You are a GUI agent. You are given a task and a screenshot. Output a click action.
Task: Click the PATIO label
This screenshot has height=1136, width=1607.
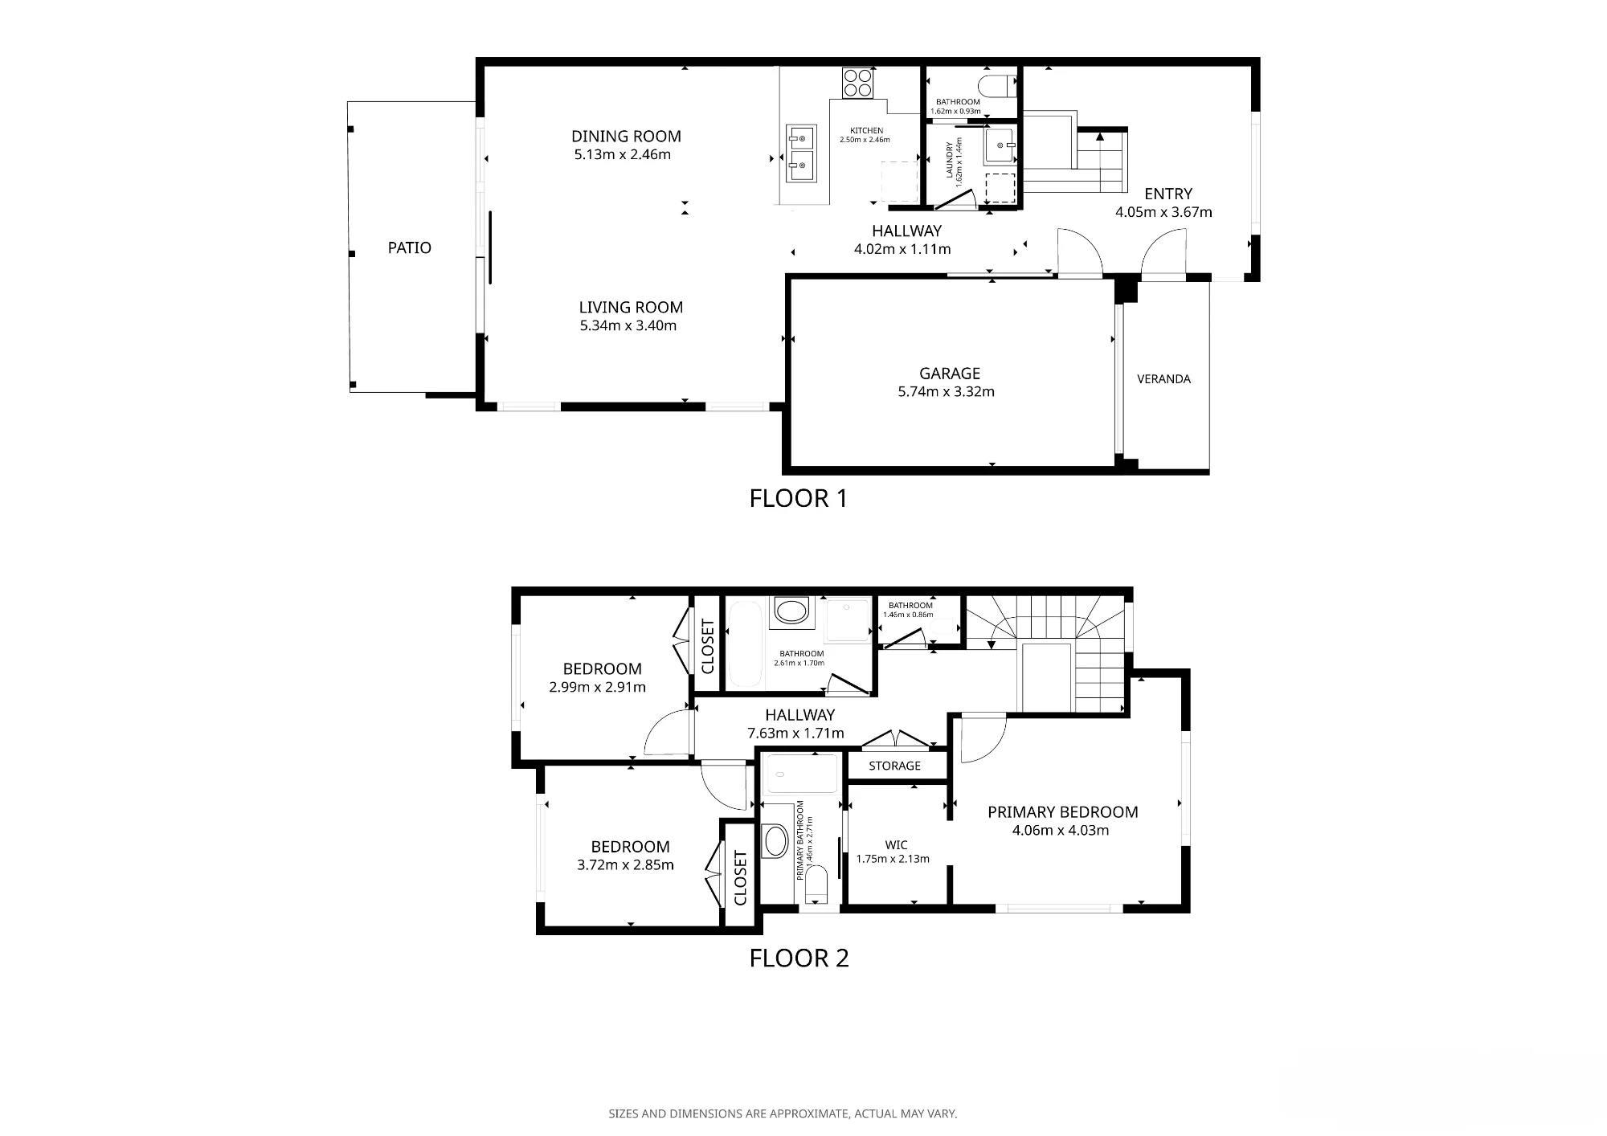pyautogui.click(x=410, y=247)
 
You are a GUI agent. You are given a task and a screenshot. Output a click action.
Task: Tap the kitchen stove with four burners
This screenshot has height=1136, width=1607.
pyautogui.click(x=857, y=82)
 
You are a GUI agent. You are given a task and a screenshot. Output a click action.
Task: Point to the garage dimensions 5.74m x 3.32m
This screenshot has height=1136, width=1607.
pyautogui.click(x=947, y=392)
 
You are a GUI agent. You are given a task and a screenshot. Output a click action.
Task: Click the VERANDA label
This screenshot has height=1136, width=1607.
pyautogui.click(x=1163, y=379)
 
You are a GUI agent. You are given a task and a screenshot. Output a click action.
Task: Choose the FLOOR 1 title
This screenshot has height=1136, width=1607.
pyautogui.click(x=799, y=499)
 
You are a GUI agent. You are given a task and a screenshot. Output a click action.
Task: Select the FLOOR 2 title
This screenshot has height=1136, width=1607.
pyautogui.click(x=799, y=958)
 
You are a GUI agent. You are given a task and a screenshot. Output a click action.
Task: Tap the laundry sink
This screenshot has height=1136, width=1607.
pyautogui.click(x=1000, y=146)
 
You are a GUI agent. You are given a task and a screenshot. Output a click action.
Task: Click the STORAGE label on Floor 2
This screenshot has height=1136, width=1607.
pyautogui.click(x=894, y=766)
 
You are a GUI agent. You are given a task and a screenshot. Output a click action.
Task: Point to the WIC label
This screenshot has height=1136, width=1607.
pyautogui.click(x=896, y=844)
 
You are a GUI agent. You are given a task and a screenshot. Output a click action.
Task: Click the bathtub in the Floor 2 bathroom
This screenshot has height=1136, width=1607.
pyautogui.click(x=744, y=645)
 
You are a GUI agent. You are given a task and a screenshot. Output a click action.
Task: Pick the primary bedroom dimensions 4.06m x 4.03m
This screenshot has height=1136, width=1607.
pyautogui.click(x=1061, y=830)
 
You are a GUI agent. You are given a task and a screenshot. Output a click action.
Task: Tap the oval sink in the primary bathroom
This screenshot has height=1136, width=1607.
pyautogui.click(x=776, y=841)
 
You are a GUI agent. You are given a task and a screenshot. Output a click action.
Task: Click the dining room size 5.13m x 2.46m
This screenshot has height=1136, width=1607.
pyautogui.click(x=622, y=154)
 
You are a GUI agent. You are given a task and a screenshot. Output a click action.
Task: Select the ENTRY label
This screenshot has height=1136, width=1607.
pyautogui.click(x=1168, y=194)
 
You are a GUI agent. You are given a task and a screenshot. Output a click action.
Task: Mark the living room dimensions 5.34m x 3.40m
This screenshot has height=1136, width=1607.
pyautogui.click(x=628, y=325)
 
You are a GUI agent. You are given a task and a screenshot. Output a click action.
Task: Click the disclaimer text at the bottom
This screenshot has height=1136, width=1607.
pyautogui.click(x=783, y=1114)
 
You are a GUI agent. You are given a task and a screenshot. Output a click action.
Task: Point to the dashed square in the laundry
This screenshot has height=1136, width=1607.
pyautogui.click(x=1000, y=187)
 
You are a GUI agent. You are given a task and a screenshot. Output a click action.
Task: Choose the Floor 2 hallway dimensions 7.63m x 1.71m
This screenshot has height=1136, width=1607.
pyautogui.click(x=795, y=733)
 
